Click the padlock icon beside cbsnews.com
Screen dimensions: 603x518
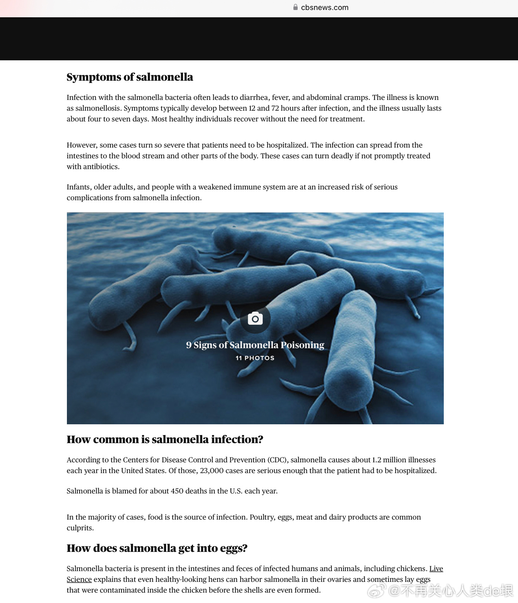[x=295, y=7]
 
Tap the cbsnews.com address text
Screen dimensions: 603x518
[x=325, y=7]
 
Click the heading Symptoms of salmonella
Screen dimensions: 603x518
[x=130, y=77]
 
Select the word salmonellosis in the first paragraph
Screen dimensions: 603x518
[x=98, y=108]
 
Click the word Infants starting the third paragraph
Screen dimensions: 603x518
[x=78, y=187]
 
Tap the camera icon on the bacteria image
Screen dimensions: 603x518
[x=255, y=319]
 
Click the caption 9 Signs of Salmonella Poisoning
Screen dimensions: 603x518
[x=255, y=345]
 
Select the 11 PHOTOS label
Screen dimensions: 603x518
[x=255, y=358]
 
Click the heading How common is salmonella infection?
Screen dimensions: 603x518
[x=165, y=440]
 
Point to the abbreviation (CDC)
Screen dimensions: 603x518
[x=278, y=460]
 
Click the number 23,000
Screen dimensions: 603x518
[x=212, y=471]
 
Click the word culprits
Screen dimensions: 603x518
[x=80, y=528]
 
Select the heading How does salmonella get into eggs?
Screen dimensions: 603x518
[x=157, y=548]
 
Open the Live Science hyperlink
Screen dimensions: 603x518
[x=436, y=569]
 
